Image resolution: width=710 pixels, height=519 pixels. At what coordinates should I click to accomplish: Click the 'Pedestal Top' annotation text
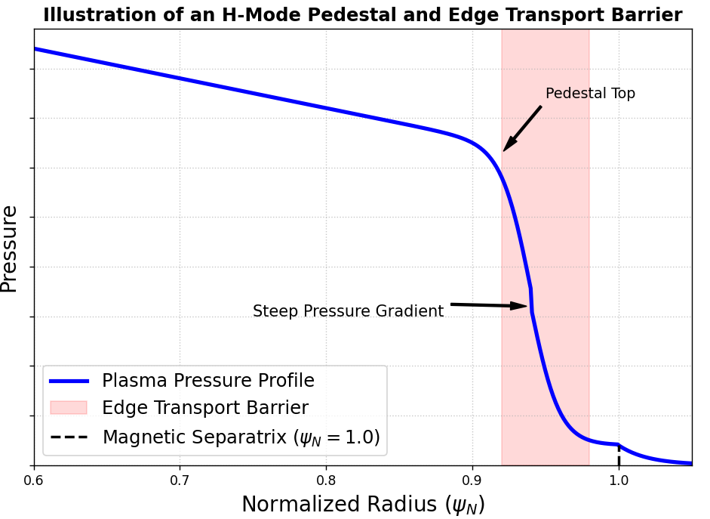[x=590, y=94]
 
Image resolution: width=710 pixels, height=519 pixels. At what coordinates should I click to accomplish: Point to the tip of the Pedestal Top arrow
[x=505, y=150]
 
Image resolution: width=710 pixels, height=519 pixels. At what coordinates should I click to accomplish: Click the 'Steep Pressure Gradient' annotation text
[x=348, y=311]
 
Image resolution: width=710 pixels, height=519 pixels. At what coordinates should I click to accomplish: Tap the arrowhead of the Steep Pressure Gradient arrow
[x=523, y=306]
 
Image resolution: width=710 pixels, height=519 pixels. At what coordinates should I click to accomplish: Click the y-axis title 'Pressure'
[x=10, y=249]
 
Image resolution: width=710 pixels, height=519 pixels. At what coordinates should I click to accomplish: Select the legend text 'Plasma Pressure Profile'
[x=208, y=381]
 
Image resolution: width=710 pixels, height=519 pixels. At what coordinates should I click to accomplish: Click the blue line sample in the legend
[x=69, y=381]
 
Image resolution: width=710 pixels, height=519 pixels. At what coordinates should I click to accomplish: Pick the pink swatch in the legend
[x=69, y=408]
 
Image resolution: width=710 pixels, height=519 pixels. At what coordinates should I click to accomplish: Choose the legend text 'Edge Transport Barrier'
[x=205, y=408]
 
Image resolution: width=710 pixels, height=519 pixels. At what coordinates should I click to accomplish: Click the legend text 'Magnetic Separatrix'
[x=195, y=437]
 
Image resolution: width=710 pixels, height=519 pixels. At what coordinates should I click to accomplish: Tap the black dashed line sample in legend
[x=69, y=437]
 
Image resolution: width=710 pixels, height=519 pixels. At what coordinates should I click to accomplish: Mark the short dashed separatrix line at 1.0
[x=619, y=456]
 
